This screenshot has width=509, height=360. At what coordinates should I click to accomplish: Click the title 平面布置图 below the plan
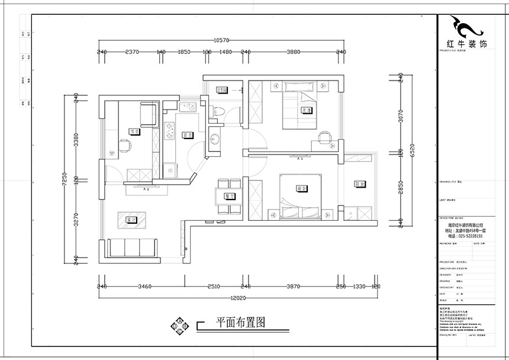[x=240, y=323]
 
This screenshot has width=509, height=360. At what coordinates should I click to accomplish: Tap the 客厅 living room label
[x=131, y=220]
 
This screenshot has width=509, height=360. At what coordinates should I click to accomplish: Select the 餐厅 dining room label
[x=229, y=195]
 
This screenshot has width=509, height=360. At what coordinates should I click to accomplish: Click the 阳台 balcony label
[x=359, y=184]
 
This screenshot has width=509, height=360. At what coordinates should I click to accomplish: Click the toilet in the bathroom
[x=218, y=110]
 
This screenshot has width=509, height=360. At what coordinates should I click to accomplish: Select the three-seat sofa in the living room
[x=133, y=247]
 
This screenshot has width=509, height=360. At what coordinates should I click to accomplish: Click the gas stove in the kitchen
[x=169, y=128]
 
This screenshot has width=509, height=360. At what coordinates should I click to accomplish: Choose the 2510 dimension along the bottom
[x=214, y=287]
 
